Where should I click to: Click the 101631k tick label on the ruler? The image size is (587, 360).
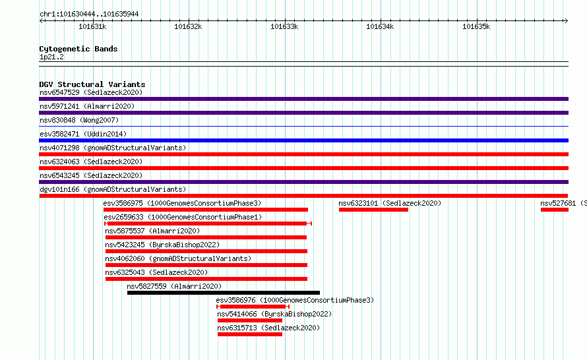92,26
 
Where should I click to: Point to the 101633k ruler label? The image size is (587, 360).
284,26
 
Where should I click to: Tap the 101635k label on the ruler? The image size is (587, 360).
476,26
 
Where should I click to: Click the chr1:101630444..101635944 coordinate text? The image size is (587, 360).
89,15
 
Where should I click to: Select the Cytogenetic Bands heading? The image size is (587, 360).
78,49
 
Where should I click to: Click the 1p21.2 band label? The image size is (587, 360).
51,57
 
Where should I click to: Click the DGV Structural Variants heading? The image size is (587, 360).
92,84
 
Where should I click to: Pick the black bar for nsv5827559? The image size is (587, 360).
224,293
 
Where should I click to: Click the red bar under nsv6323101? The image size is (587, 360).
373,210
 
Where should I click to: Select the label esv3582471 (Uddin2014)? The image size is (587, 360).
83,134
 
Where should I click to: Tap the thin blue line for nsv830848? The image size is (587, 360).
303,127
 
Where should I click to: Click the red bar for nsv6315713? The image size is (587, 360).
250,334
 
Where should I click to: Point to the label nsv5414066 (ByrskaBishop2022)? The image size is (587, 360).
274,314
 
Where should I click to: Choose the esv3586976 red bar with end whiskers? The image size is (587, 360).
253,307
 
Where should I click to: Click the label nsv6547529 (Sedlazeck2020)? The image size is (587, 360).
91,92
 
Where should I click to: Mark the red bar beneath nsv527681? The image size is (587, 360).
555,210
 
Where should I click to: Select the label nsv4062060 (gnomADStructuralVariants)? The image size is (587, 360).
178,258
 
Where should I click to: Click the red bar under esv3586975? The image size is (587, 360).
206,210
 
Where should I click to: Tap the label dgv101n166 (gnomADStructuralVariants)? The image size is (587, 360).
113,189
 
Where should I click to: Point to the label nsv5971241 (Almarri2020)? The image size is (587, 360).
87,106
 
